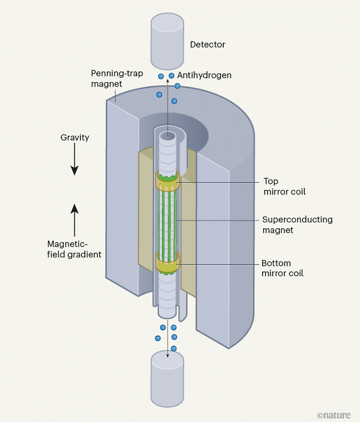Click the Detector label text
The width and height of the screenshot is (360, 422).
(207, 44)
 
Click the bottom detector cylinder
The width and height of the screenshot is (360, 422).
(168, 382)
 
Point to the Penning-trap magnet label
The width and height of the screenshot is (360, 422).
(116, 78)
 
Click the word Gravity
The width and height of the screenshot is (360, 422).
(74, 137)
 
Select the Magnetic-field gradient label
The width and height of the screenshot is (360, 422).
(74, 249)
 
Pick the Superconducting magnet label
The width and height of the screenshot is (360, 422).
(297, 224)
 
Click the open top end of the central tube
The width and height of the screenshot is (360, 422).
(168, 135)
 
